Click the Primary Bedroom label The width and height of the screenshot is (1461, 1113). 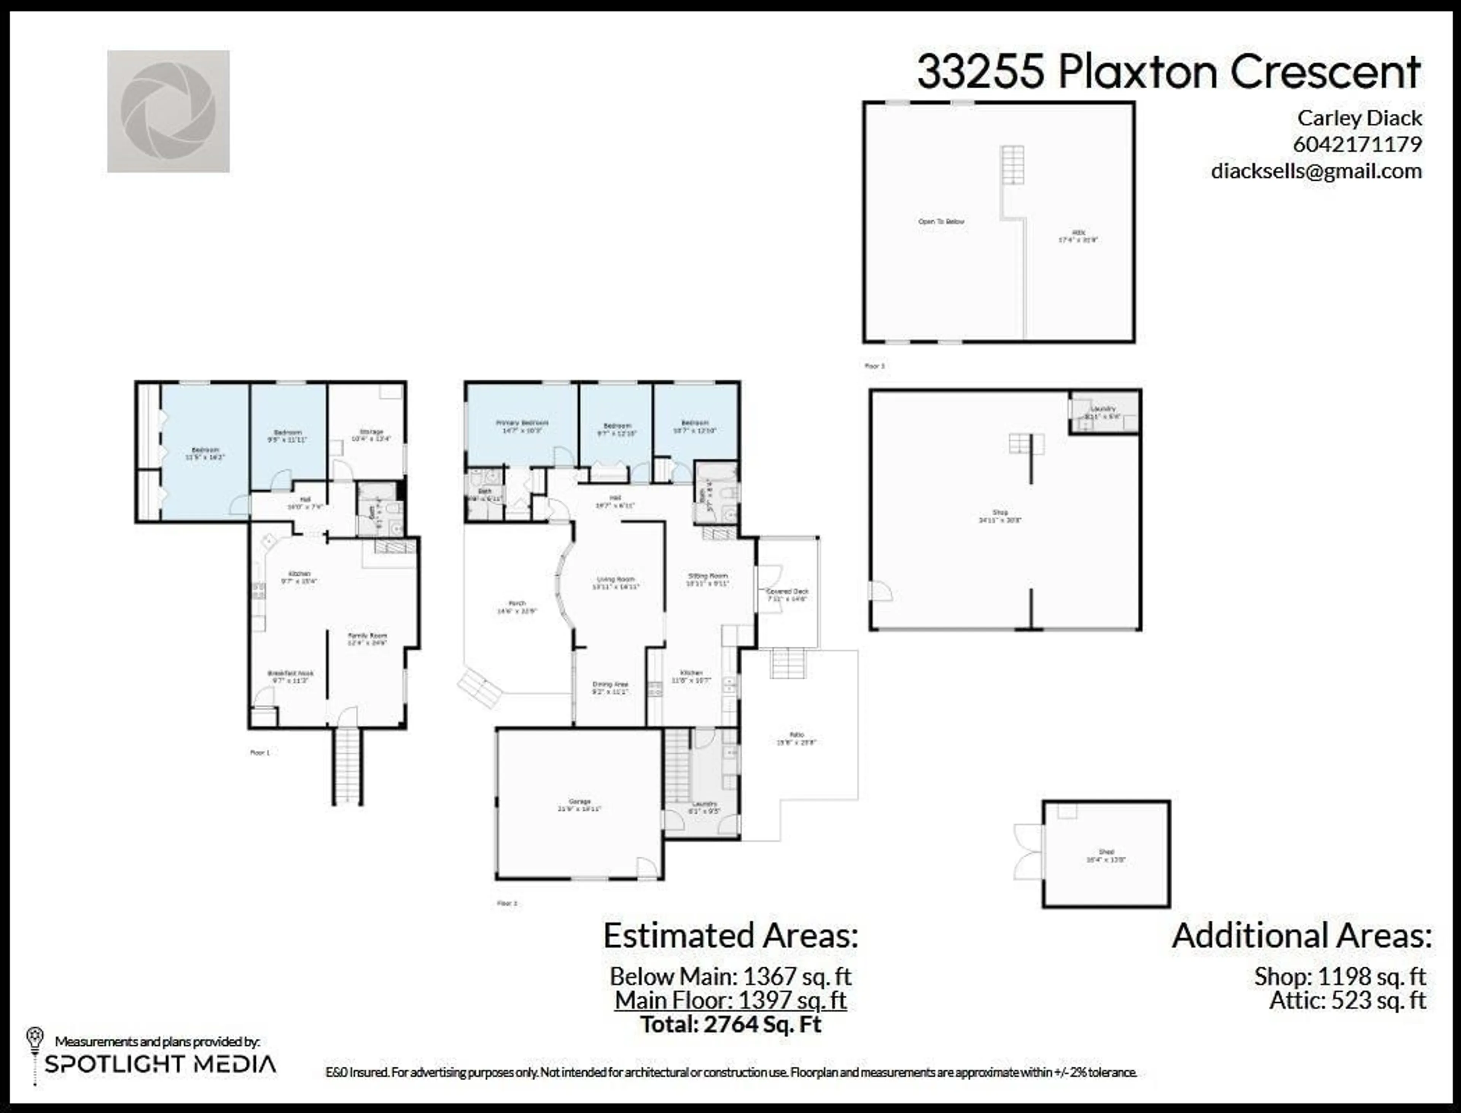[522, 423]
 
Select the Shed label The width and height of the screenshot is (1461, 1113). [1106, 852]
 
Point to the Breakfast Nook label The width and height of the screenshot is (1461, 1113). [290, 673]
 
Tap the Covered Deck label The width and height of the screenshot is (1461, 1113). [787, 591]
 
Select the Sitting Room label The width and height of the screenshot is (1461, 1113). [708, 576]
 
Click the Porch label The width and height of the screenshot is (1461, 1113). [517, 604]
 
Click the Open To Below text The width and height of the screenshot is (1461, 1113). [941, 222]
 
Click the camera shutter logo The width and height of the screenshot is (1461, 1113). [168, 111]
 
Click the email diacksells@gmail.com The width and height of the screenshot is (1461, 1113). [1316, 171]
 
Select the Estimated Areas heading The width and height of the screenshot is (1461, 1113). [730, 936]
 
